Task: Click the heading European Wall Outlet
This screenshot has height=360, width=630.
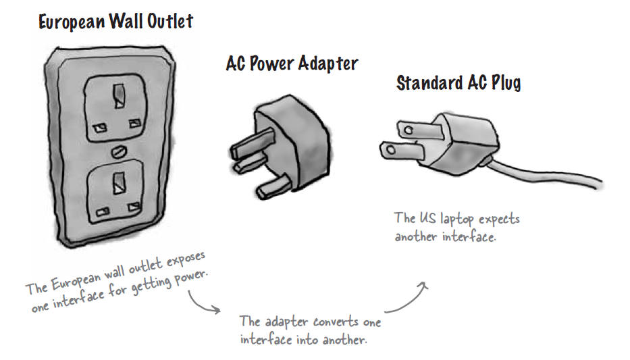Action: click(x=115, y=22)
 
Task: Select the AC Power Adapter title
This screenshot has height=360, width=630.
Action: click(x=292, y=64)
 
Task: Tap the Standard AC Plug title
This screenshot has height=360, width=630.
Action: click(x=458, y=84)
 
